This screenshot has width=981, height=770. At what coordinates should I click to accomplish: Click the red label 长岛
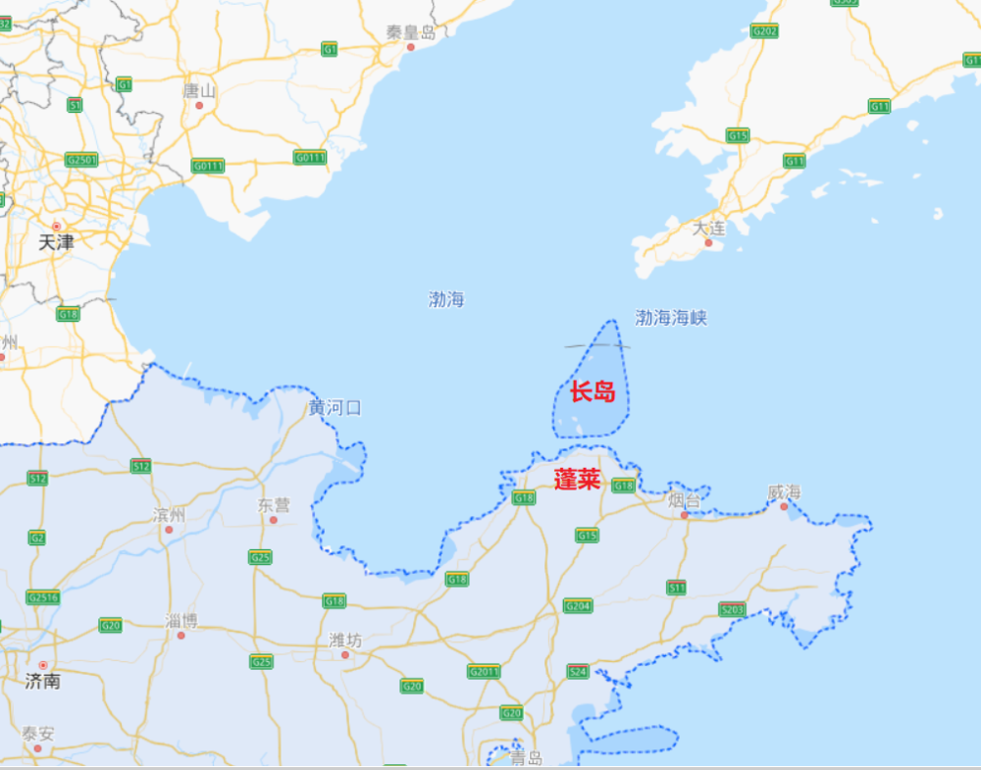(593, 391)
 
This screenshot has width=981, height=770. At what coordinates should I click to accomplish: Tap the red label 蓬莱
(577, 480)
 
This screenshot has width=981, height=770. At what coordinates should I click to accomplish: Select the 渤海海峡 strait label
(671, 318)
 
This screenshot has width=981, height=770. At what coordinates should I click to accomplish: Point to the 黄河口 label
(335, 408)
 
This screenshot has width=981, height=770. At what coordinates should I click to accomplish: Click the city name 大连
(708, 229)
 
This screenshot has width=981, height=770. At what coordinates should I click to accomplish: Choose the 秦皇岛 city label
(410, 31)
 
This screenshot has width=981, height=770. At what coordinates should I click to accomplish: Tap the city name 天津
(56, 241)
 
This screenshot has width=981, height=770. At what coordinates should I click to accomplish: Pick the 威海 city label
(784, 491)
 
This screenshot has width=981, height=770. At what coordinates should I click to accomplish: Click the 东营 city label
(274, 505)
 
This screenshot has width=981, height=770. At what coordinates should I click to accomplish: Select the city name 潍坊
(344, 640)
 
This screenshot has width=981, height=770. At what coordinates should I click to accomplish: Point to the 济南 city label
(42, 680)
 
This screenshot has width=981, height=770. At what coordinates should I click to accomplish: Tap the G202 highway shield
(764, 31)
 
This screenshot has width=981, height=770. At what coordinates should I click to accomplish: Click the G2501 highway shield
(81, 159)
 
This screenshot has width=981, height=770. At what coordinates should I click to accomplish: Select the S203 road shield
(732, 609)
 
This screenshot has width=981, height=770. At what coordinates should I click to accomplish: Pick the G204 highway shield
(578, 606)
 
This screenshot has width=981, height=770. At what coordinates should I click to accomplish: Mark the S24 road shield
(578, 671)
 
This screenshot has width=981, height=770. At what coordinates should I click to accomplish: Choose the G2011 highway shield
(484, 671)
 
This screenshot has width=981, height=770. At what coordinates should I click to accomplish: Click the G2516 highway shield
(43, 596)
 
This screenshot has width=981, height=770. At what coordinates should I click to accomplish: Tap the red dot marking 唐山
(199, 105)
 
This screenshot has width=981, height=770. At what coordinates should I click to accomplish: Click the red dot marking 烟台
(685, 514)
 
